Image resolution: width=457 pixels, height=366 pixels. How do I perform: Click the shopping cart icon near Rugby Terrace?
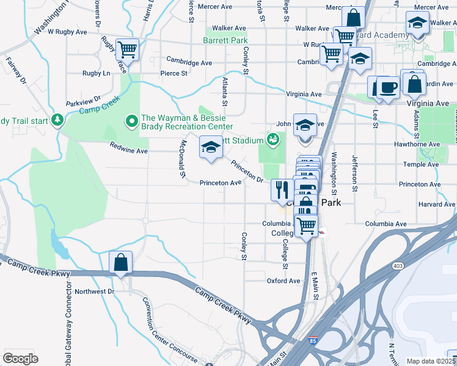click(x=127, y=49)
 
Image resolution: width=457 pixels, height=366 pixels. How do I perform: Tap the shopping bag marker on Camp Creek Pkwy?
click(x=121, y=262)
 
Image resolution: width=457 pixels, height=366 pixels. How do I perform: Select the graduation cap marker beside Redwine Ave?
click(x=211, y=148)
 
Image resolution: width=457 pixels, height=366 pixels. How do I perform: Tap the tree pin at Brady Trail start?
click(x=57, y=119)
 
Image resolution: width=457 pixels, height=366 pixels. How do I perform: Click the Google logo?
click(x=20, y=358)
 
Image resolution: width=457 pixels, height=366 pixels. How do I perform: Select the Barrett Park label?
click(x=225, y=41)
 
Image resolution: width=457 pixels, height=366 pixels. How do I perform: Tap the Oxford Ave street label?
click(x=283, y=281)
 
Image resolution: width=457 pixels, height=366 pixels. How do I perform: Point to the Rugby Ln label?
click(x=97, y=73)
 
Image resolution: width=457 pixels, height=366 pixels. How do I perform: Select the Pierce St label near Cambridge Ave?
click(x=174, y=73)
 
